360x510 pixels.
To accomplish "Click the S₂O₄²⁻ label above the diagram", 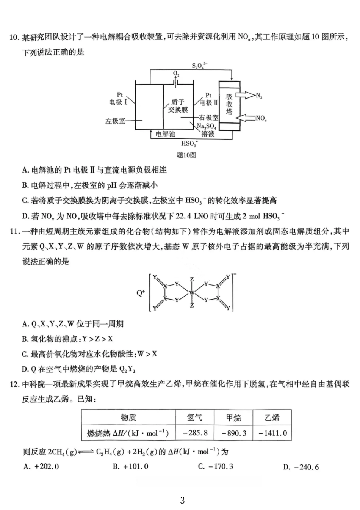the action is click(x=199, y=65).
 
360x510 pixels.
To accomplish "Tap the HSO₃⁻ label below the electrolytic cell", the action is click(x=189, y=143).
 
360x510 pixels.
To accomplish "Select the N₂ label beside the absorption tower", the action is click(x=259, y=96).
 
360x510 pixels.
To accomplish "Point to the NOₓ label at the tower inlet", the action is click(x=261, y=118).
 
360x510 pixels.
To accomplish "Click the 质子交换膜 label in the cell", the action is click(x=178, y=106).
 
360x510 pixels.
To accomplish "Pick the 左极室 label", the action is click(x=115, y=121).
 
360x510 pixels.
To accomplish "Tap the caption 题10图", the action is click(x=186, y=155).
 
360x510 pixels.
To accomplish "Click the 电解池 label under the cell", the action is click(x=165, y=134).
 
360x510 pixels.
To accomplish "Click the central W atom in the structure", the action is click(x=192, y=293).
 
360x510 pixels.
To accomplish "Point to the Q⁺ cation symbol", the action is click(x=141, y=293).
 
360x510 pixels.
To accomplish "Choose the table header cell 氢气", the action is click(x=195, y=417).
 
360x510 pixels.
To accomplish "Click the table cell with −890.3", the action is click(x=234, y=433).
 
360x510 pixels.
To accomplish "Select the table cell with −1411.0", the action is click(x=272, y=433).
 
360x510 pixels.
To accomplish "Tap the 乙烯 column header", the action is click(x=272, y=417).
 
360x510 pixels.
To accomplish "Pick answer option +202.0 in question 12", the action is click(x=41, y=466).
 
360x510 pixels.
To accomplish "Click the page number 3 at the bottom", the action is click(x=182, y=500).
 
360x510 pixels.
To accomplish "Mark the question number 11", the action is click(x=14, y=231).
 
